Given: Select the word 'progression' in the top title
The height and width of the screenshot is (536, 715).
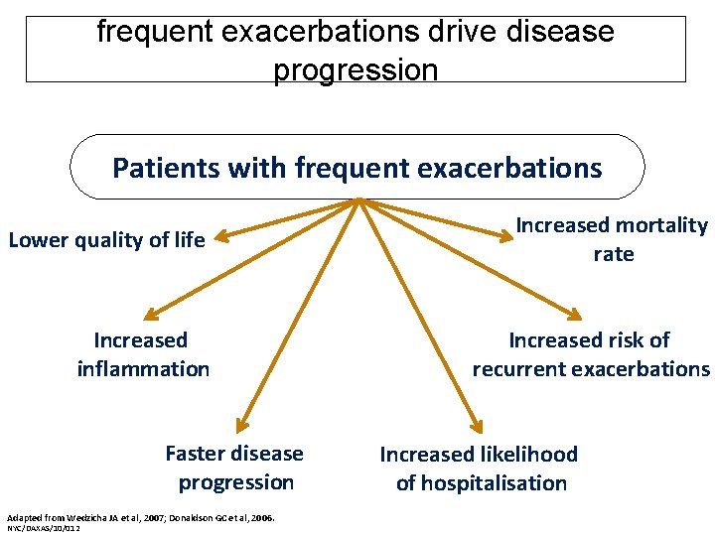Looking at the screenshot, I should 355,70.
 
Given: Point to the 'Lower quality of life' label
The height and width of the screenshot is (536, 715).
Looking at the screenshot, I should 106,240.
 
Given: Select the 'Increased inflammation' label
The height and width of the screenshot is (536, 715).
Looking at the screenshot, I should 142,354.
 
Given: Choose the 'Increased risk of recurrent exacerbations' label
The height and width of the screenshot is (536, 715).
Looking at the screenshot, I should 591,354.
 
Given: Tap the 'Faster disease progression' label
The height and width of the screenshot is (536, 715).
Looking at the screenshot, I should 235,468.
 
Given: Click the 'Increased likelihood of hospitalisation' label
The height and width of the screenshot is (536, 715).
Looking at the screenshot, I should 480,469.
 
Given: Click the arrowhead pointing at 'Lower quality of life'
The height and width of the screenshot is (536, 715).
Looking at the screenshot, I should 222,237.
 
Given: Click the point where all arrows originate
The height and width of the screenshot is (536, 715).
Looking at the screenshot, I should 358,201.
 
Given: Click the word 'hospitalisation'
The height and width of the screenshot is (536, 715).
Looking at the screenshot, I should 482,483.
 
